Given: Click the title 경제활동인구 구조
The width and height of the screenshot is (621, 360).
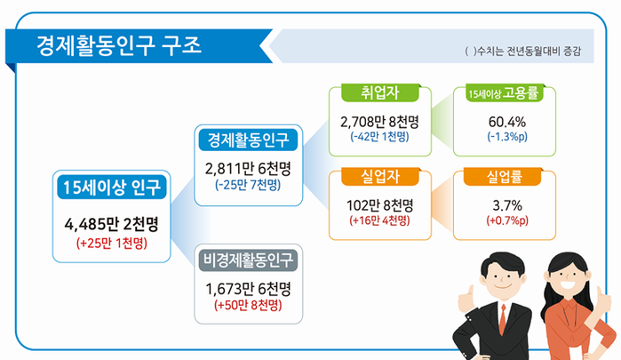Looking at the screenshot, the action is click(119, 45).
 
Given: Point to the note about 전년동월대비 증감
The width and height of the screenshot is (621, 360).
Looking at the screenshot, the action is click(522, 52).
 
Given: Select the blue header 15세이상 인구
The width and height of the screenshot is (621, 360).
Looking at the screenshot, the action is click(112, 188).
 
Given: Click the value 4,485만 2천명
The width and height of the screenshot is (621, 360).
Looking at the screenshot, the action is click(112, 224).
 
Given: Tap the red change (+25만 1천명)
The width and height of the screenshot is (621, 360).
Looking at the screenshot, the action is click(112, 243).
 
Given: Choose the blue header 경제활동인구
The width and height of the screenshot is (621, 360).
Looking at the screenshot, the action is click(249, 140).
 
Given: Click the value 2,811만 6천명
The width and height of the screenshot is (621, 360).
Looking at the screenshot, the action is click(249, 169).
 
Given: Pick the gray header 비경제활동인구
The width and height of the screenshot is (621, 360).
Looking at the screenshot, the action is click(249, 260).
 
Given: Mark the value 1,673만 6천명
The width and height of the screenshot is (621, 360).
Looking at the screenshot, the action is click(249, 289).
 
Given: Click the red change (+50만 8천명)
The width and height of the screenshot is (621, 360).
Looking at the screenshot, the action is click(249, 305).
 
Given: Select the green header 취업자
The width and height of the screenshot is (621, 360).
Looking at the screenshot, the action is click(380, 92).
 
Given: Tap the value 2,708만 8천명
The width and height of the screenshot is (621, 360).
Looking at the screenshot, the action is click(380, 122).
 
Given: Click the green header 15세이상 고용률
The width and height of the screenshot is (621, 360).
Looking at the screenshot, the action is click(504, 93).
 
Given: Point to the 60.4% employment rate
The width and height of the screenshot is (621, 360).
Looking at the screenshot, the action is click(507, 122).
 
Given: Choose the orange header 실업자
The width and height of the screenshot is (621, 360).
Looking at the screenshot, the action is click(380, 177).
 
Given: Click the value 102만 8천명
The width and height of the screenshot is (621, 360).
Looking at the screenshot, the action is click(380, 205).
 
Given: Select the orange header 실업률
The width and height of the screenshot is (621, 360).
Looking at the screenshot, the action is click(503, 177).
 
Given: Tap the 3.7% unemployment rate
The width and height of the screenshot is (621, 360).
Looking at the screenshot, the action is click(507, 205).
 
